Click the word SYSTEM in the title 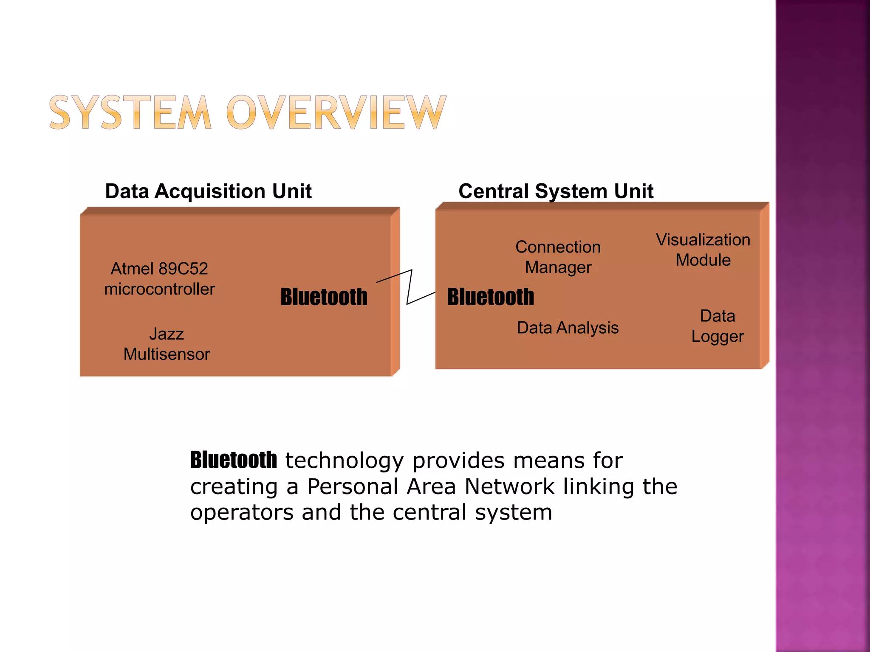[x=130, y=112]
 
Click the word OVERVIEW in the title [x=336, y=112]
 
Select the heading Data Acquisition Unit [x=208, y=191]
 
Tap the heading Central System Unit [x=556, y=191]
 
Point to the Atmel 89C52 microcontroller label [x=159, y=279]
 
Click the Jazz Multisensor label [x=167, y=344]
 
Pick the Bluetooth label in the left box [x=324, y=297]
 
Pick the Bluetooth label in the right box [x=491, y=297]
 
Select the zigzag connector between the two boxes [x=409, y=287]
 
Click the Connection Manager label [x=558, y=257]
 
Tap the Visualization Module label [x=703, y=250]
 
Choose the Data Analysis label [x=568, y=328]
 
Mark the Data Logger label [x=717, y=326]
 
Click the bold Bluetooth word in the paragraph [x=233, y=460]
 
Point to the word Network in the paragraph [x=509, y=486]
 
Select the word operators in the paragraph [x=242, y=512]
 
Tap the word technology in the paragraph [x=344, y=461]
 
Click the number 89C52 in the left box [x=183, y=269]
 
